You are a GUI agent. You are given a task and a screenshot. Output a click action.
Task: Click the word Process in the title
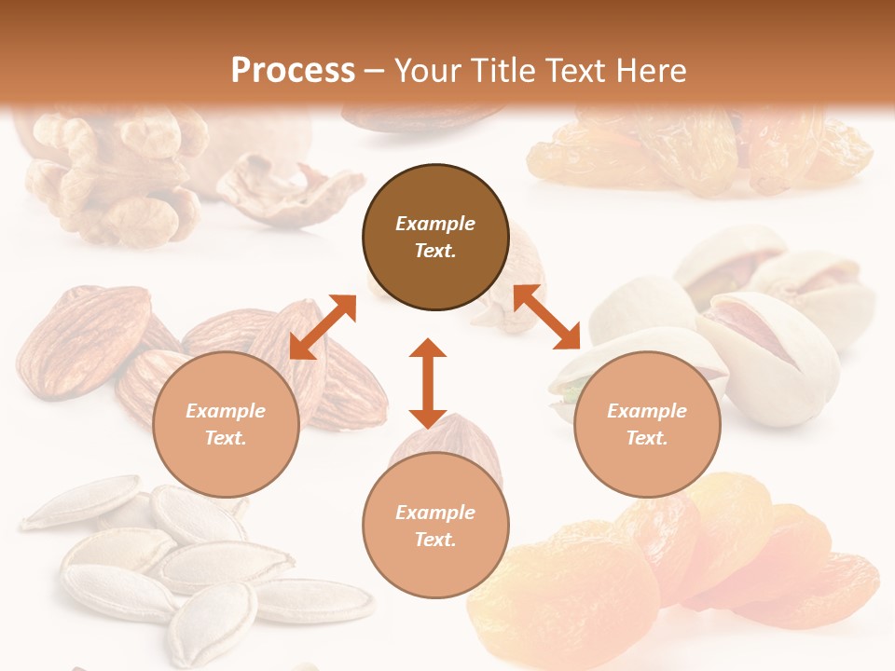[293, 71]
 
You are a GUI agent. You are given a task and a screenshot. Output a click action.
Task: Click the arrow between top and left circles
[323, 327]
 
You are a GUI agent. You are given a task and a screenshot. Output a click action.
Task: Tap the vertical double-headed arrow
[428, 383]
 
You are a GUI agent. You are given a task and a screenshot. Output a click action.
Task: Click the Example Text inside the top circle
[435, 237]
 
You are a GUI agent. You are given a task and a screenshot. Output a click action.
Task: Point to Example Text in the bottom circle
[435, 526]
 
